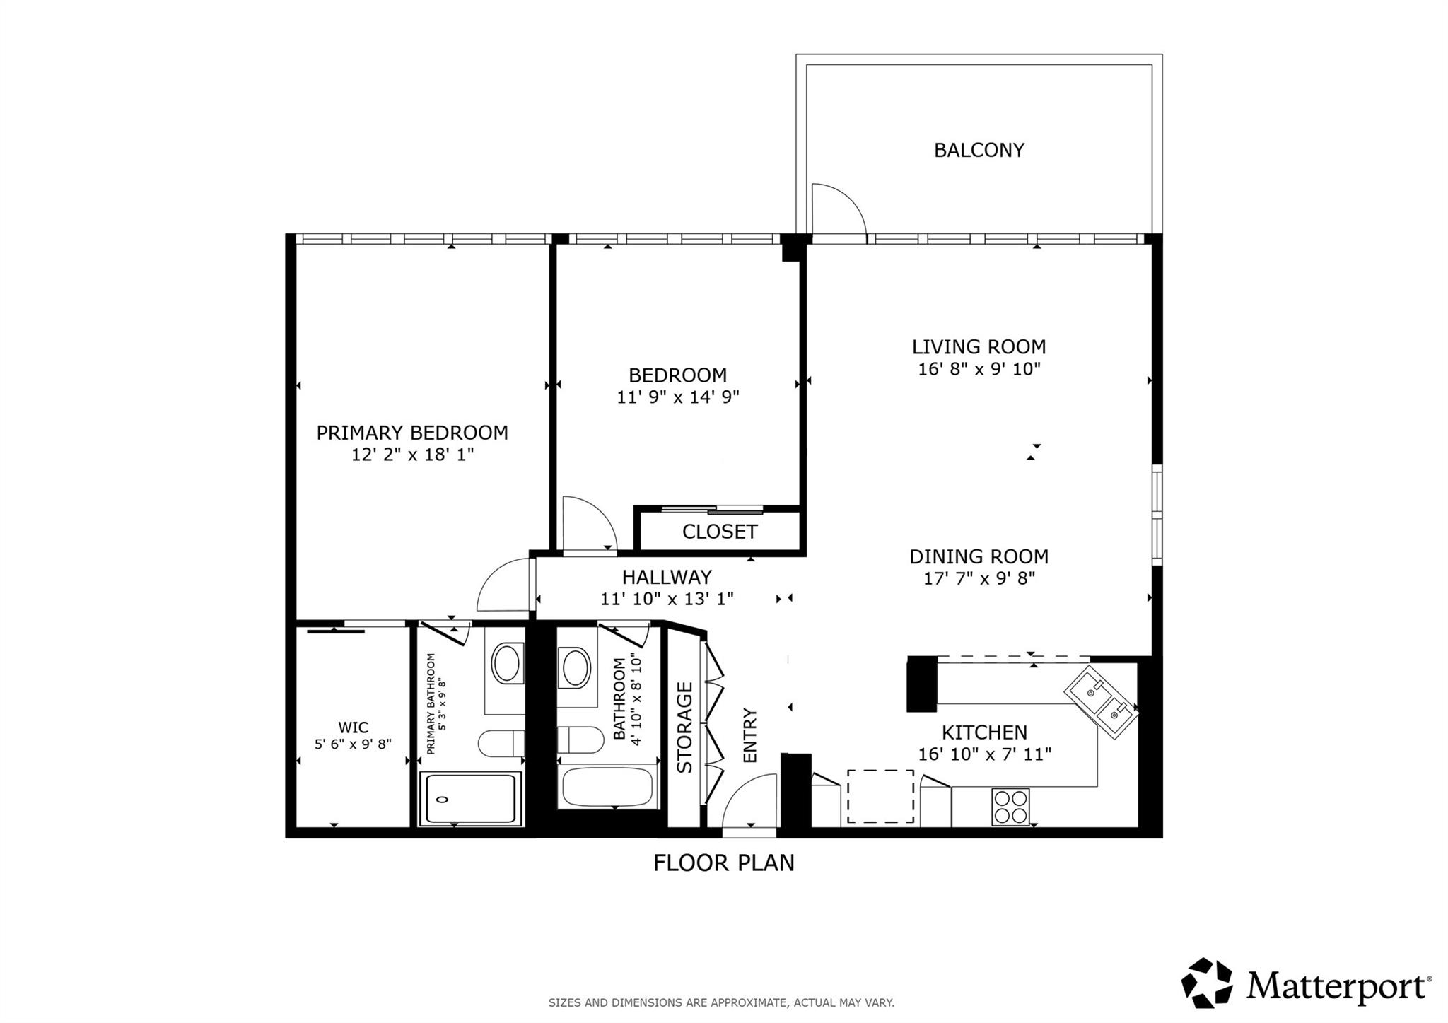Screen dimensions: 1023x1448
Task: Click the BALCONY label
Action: point(979,150)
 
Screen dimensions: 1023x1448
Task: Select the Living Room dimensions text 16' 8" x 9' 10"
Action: point(979,369)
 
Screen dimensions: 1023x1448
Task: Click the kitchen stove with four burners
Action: point(1010,807)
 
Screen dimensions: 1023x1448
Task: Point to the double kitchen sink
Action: point(1102,702)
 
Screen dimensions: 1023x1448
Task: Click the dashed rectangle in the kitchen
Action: point(880,797)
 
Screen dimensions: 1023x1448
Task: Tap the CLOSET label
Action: point(719,532)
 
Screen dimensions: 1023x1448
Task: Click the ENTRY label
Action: point(749,735)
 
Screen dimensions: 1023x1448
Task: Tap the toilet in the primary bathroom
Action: point(499,743)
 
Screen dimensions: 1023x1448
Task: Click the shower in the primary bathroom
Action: point(470,799)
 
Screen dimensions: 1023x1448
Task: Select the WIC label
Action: point(352,727)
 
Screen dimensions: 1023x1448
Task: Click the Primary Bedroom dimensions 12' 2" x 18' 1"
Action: point(412,455)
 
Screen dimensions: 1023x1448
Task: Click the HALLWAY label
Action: point(666,577)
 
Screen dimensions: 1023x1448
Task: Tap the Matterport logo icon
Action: point(1206,983)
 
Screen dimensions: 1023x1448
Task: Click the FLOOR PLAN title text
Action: point(723,863)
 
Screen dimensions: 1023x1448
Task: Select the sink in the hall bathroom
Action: point(574,667)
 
